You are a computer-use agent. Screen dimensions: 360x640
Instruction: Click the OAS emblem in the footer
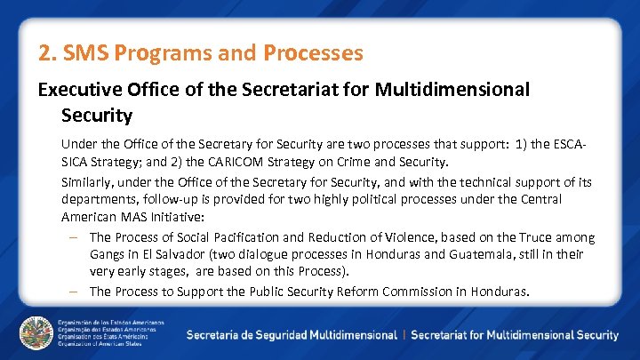coord(36,333)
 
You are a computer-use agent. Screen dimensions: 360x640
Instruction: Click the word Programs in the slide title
coord(161,53)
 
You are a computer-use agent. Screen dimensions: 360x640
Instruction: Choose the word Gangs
coord(108,255)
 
